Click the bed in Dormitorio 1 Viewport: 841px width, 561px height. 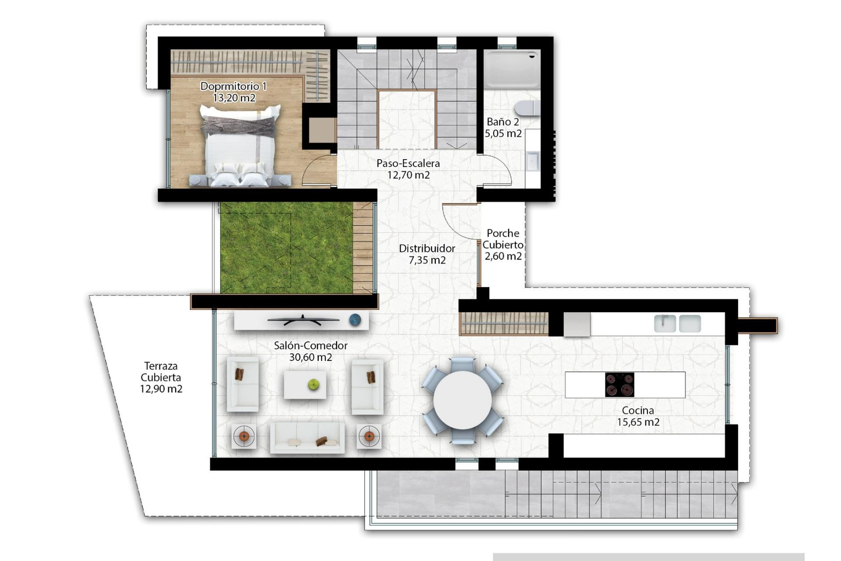pos(240,147)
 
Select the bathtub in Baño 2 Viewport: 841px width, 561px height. pos(512,69)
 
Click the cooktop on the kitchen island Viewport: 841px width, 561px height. pos(619,385)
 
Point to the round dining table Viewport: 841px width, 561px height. pos(462,400)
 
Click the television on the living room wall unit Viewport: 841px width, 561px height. pos(303,320)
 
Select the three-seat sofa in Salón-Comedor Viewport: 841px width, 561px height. pos(307,437)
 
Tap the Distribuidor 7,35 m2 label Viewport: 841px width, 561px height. pos(427,254)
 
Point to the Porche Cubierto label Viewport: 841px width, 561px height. pos(503,245)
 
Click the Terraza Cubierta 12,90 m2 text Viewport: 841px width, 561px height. pos(161,377)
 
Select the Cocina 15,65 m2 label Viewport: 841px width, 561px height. pos(638,416)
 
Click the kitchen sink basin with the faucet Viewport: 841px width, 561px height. pos(665,323)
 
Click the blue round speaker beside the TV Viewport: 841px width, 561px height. pos(355,320)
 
